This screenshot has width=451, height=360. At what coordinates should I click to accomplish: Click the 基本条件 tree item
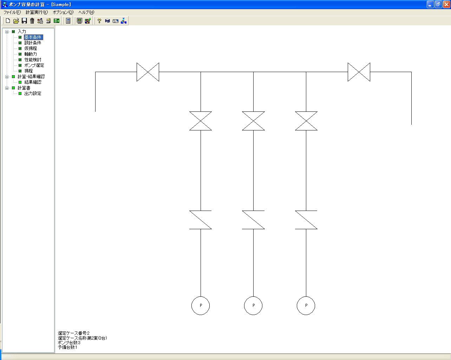[33, 37]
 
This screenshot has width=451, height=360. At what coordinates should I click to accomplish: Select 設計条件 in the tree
[33, 43]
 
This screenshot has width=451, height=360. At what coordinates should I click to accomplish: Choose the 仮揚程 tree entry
[31, 49]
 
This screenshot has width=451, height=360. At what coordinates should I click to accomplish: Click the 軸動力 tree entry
[31, 54]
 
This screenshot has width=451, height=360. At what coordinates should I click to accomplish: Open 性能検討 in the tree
[33, 60]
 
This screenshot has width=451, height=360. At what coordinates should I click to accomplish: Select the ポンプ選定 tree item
[34, 65]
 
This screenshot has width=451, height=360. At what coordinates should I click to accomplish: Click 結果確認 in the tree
[33, 82]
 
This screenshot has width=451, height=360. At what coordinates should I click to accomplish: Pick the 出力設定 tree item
[33, 94]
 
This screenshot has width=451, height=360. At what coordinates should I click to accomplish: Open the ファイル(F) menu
[12, 12]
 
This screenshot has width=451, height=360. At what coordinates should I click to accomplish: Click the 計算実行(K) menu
[37, 12]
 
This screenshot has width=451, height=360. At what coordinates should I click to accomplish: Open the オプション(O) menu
[63, 12]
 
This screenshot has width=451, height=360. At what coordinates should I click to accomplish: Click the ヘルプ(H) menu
[86, 12]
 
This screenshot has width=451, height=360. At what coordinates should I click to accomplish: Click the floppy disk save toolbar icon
[24, 21]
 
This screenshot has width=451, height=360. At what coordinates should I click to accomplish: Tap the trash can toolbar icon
[32, 21]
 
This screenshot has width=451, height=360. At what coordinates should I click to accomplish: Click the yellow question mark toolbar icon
[99, 21]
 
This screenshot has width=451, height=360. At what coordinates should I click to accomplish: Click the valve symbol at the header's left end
[148, 72]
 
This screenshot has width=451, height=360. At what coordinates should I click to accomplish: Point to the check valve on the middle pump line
[253, 220]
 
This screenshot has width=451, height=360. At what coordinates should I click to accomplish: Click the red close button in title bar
[446, 5]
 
